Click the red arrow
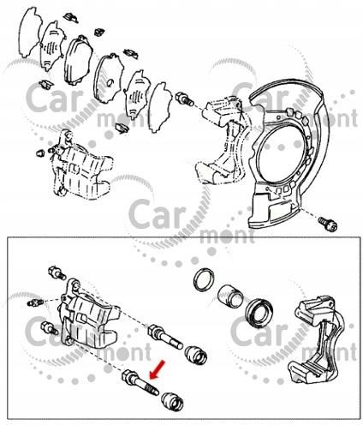tap(158, 369)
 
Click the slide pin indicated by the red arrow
tap(140, 383)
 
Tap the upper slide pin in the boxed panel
tap(165, 337)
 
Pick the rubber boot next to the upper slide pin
tap(196, 355)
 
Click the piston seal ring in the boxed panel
tap(204, 279)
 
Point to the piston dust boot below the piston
tap(259, 312)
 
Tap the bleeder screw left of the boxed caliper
tap(36, 302)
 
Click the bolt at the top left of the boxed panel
tap(57, 272)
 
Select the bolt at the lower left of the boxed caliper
tap(50, 328)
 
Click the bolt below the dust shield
tap(328, 224)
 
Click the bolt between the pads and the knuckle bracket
tap(184, 99)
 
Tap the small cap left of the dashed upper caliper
tap(40, 153)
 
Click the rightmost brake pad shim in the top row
tap(161, 107)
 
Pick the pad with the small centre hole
tap(109, 78)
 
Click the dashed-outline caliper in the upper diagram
tap(81, 165)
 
